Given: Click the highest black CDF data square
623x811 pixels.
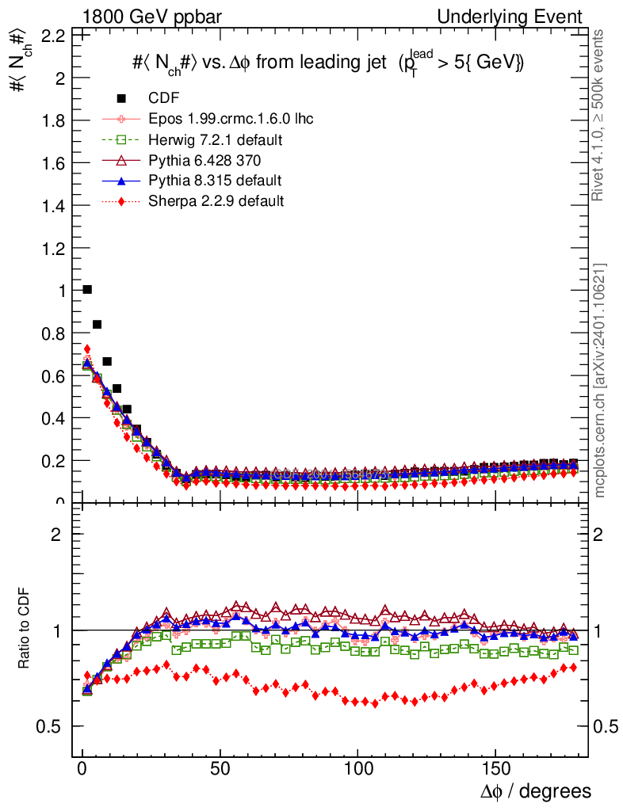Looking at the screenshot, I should (87, 290).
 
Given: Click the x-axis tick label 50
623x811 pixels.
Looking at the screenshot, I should (220, 769).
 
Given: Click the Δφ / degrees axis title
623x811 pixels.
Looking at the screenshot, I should (535, 791).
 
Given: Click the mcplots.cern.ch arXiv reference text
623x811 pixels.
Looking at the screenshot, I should (600, 380).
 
